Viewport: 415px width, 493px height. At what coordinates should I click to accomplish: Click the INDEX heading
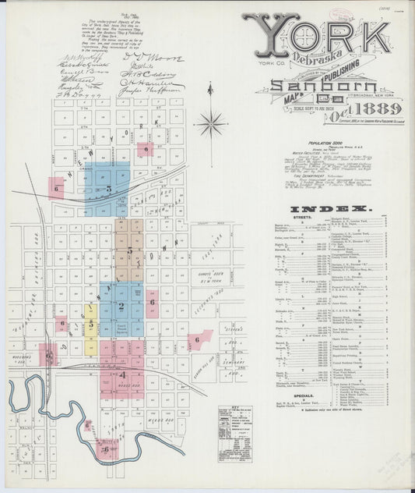[329, 209]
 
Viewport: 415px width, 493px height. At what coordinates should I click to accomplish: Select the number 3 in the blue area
[109, 189]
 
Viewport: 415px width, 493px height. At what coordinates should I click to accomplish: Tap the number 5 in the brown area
[130, 251]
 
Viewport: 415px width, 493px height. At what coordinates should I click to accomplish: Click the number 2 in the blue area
[121, 307]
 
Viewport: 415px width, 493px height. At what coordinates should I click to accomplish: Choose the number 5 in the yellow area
[91, 322]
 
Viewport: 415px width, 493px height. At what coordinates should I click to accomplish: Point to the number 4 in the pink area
[121, 374]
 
